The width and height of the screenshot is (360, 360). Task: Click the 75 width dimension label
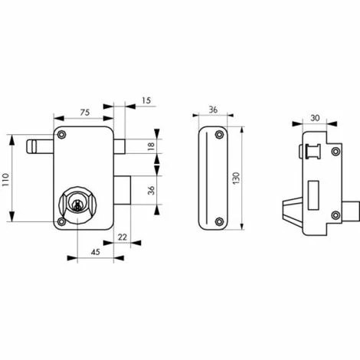click(85, 113)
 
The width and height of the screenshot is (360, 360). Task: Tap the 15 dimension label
click(146, 100)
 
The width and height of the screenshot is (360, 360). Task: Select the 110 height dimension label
click(5, 179)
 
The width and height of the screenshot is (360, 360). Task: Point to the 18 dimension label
click(152, 146)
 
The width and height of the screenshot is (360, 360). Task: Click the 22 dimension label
click(123, 237)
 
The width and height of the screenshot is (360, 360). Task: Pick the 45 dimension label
click(95, 252)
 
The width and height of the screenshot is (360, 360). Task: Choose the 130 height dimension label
click(236, 178)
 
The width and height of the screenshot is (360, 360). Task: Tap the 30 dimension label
click(315, 118)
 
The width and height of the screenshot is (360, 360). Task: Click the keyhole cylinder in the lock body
click(77, 204)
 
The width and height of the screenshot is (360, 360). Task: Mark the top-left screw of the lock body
click(61, 134)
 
